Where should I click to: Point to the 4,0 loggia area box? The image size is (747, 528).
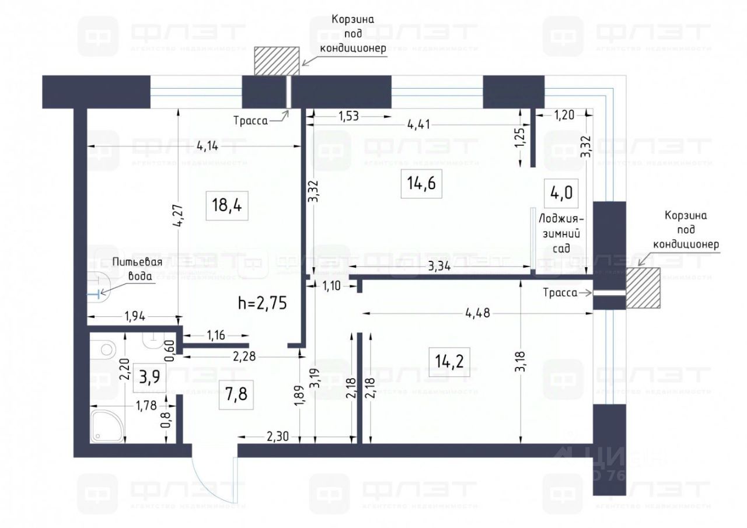coord(561,193)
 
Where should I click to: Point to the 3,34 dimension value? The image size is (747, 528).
coord(439,267)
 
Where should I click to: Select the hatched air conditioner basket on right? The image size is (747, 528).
coord(644,288)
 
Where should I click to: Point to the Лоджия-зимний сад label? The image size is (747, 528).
coord(561,233)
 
